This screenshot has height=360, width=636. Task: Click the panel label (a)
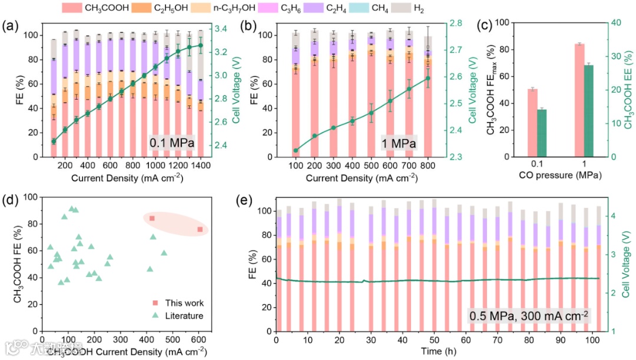12,27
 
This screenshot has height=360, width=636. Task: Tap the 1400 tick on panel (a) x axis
201,167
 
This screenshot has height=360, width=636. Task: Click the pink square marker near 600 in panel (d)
200,229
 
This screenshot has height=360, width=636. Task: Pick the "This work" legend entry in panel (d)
179,303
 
